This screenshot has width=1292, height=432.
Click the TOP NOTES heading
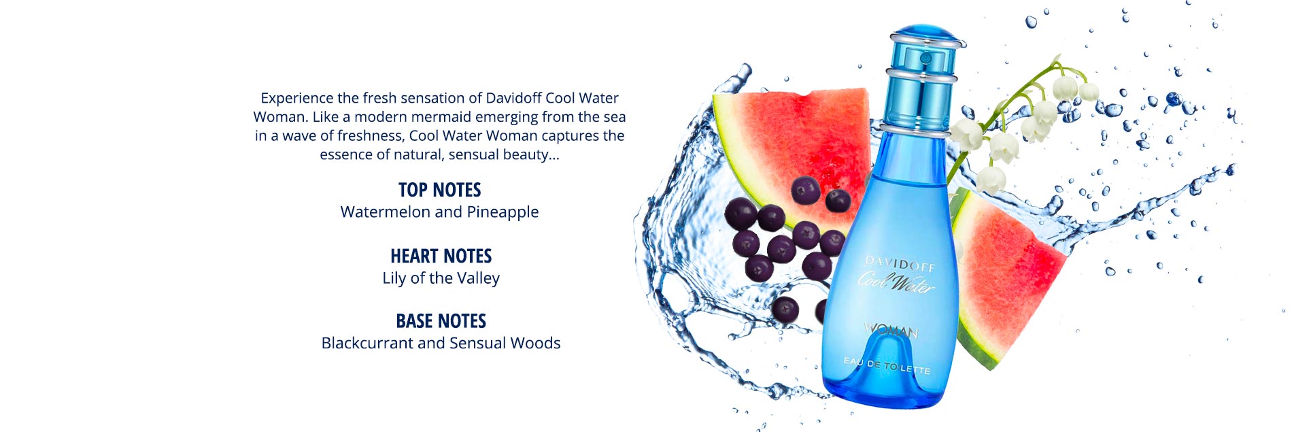coord(439,190)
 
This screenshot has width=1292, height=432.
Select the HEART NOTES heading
coord(441,256)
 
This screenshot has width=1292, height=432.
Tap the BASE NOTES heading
coord(441,321)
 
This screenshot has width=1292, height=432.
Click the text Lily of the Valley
coord(441,278)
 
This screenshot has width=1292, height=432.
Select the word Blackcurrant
coord(367,343)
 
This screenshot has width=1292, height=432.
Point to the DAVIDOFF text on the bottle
coord(900,263)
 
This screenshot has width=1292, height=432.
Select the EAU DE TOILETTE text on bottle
coord(886,365)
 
